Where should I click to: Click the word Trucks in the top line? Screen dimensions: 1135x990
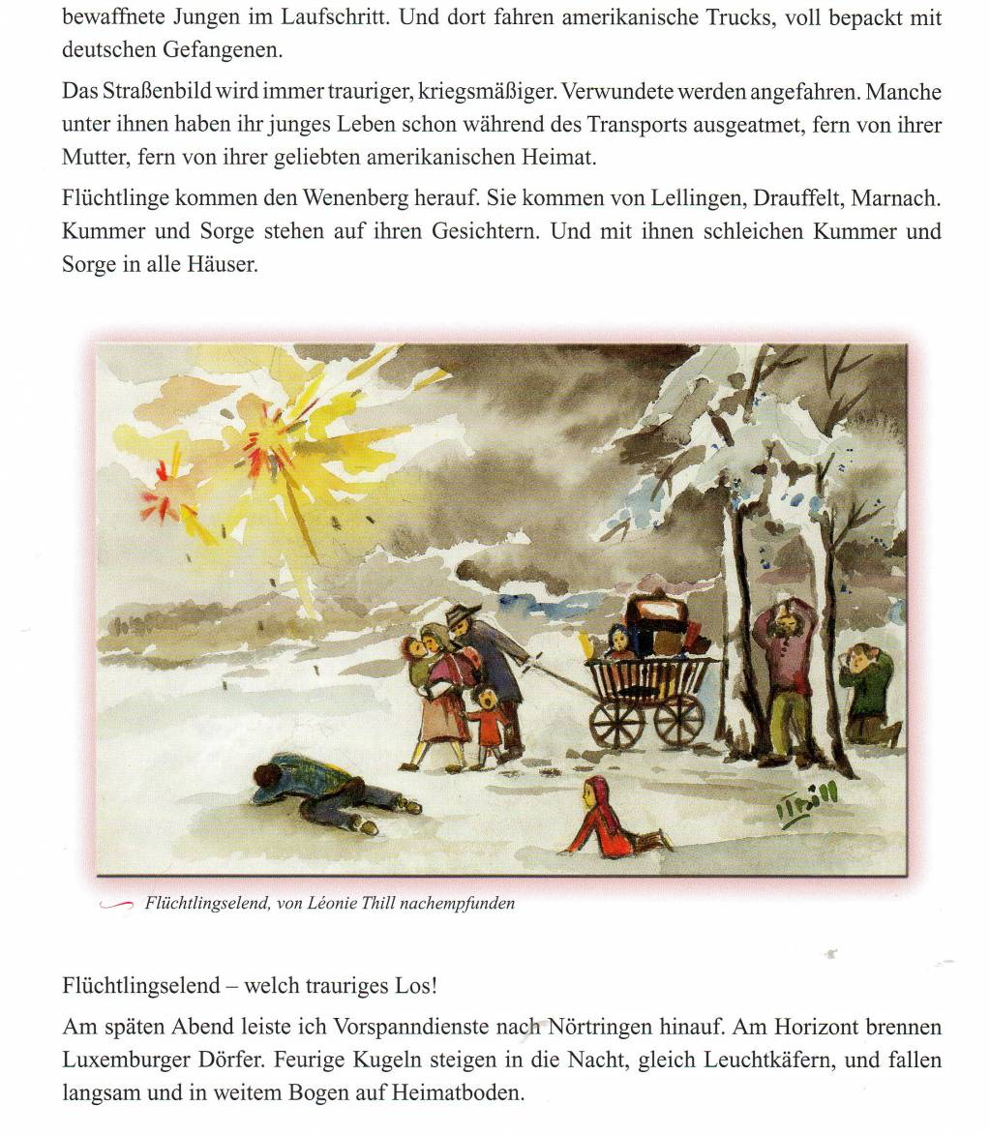click(x=735, y=17)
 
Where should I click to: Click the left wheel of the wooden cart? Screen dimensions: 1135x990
click(x=614, y=721)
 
